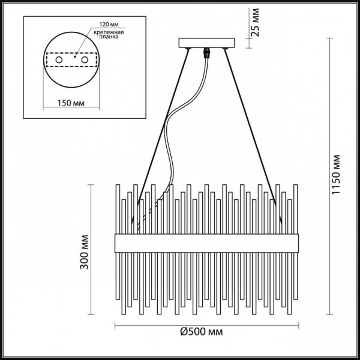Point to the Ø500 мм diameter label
pyautogui.click(x=206, y=332)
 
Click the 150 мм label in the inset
pyautogui.click(x=71, y=103)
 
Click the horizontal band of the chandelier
pyautogui.click(x=206, y=243)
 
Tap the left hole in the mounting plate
pyautogui.click(x=59, y=61)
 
